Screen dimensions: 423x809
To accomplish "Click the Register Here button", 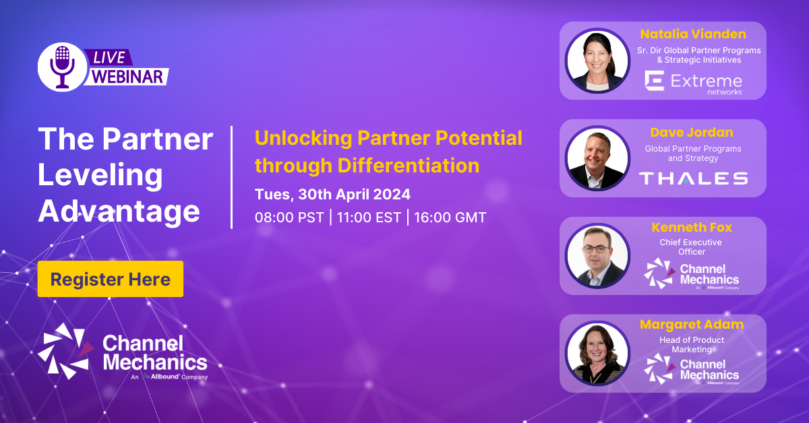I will point(111,279).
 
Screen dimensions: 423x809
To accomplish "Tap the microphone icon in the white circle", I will point(63,67).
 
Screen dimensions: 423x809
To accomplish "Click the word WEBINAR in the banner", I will point(127,76).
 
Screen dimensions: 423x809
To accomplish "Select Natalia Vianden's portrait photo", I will point(597,60).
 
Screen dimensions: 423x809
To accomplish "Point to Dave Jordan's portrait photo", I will point(597,158).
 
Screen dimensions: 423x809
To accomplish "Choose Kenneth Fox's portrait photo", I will point(597,255).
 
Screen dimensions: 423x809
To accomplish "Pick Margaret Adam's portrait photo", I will point(597,353).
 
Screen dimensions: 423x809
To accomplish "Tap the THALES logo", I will point(693,178).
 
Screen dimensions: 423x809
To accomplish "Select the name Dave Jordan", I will point(692,133).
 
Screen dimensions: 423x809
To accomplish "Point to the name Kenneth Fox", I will point(692,227).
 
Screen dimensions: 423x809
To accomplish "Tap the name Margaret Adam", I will point(692,324).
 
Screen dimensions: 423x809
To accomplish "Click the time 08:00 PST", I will point(289,218).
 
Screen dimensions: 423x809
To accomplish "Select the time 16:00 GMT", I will point(450,218).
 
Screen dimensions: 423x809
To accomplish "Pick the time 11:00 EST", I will point(368,218).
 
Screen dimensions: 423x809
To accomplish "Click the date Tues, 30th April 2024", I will point(332,195).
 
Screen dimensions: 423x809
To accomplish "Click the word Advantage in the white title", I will point(119,211).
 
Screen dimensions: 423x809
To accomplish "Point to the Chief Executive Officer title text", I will point(690,247).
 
